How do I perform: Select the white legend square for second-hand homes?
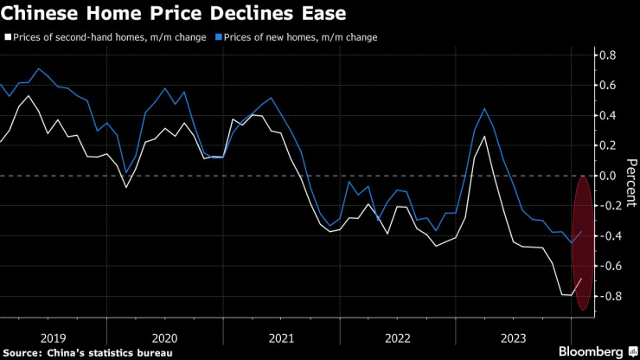pos(8,38)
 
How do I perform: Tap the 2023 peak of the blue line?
pos(484,109)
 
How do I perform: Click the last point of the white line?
pos(582,279)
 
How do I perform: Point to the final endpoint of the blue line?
pos(582,231)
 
